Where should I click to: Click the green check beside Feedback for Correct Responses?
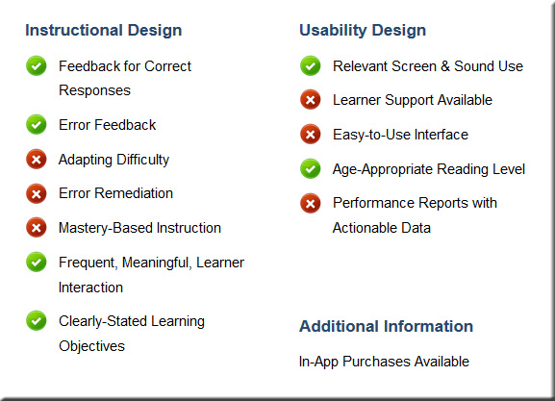(x=37, y=65)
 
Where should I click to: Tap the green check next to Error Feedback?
(x=37, y=124)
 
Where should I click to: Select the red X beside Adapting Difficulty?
(x=37, y=159)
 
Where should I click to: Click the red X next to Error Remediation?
(x=37, y=193)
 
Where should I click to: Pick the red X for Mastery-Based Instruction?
(x=37, y=227)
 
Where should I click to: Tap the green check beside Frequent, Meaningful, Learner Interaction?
(x=37, y=262)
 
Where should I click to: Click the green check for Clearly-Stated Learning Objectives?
(x=37, y=320)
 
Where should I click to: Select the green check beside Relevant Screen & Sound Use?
(x=311, y=65)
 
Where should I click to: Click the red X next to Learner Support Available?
(x=311, y=99)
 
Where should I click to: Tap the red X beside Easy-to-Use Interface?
(x=311, y=134)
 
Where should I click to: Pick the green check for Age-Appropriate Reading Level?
(x=311, y=168)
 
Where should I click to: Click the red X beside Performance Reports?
(x=311, y=203)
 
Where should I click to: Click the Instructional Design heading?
(x=103, y=31)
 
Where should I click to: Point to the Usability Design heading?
(x=363, y=31)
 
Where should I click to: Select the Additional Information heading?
(x=386, y=326)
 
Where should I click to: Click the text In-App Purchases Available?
(x=384, y=362)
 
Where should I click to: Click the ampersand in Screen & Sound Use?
(x=445, y=66)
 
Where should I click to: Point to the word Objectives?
(x=91, y=346)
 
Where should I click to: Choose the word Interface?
(x=441, y=135)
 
